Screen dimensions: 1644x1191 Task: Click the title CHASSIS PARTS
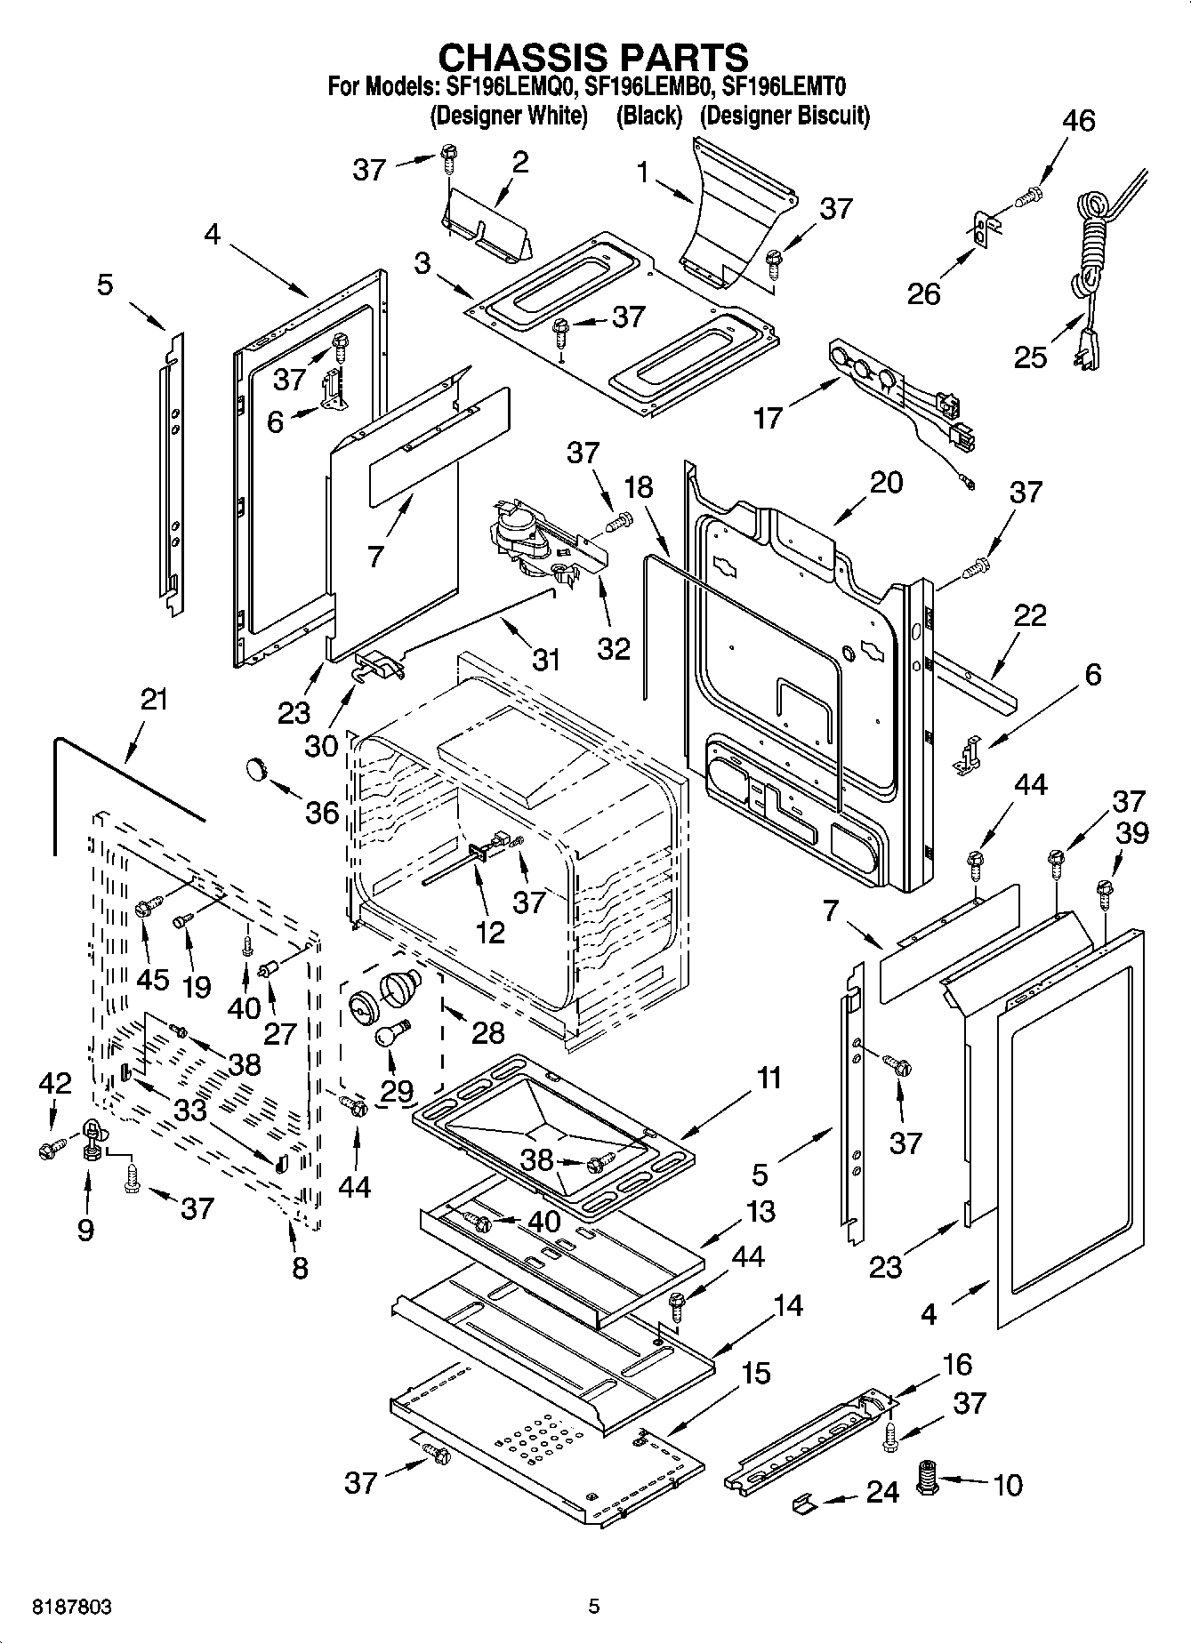594,57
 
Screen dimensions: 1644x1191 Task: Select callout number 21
154,700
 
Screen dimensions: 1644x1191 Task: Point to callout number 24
882,1491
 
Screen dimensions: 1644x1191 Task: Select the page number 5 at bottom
594,1607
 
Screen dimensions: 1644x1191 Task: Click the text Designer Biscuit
784,116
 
